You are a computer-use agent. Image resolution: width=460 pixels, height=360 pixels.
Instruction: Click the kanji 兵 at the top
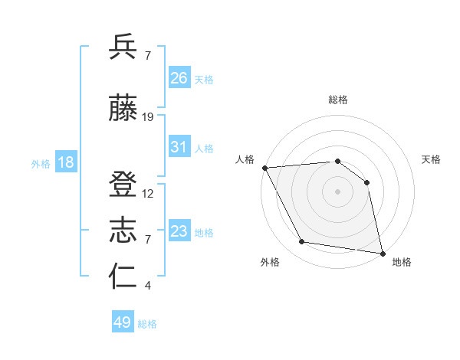pos(123,47)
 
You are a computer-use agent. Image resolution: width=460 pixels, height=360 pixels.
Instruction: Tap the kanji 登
pos(123,185)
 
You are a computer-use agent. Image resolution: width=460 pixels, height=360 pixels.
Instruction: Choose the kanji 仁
pos(123,277)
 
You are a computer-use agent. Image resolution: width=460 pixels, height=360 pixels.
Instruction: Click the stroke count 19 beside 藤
pos(148,116)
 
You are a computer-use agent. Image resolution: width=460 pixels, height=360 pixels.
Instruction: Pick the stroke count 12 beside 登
pos(148,193)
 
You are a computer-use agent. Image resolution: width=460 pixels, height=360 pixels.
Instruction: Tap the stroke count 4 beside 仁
pos(147,286)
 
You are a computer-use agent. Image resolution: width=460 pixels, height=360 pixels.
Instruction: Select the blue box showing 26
pos(179,78)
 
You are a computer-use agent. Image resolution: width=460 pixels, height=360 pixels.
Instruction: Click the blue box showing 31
pos(179,148)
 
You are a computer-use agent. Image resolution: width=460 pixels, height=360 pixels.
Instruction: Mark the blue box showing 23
pos(179,231)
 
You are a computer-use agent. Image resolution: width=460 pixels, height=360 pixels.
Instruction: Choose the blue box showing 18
pos(65,163)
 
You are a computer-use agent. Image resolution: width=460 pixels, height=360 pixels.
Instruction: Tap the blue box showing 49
pos(123,322)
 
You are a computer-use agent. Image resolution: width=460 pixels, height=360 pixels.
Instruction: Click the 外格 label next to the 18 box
pos(40,164)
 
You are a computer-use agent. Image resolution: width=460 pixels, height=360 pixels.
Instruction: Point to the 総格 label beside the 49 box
pos(147,324)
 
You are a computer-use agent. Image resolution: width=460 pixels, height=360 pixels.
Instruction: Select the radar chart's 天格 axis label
pos(432,159)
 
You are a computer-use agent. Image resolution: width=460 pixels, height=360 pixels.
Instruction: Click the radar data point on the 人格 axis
pos(264,168)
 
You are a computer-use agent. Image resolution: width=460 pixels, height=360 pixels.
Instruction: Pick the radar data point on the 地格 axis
pos(382,252)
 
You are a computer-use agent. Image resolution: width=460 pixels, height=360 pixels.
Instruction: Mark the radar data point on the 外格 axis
pos(302,242)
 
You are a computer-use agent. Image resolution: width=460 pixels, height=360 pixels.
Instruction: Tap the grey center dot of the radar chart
pos(337,191)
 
